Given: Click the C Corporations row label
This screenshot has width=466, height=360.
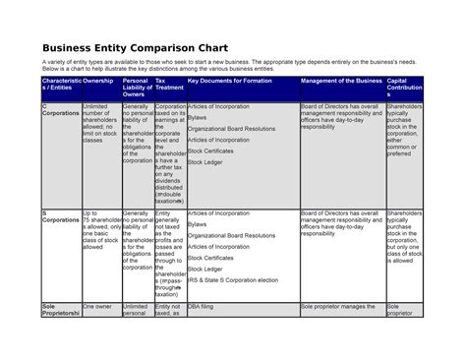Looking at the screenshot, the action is pos(60,109).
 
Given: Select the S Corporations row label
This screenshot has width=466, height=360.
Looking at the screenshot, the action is pos(60,217).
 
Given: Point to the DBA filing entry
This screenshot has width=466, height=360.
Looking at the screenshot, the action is pos(203,307).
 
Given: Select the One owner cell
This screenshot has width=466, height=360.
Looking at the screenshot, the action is pos(97,307).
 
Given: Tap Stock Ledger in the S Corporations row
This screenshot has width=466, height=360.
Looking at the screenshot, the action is pos(206,269).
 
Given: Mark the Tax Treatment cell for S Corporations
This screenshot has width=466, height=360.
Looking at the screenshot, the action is pos(169,254).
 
